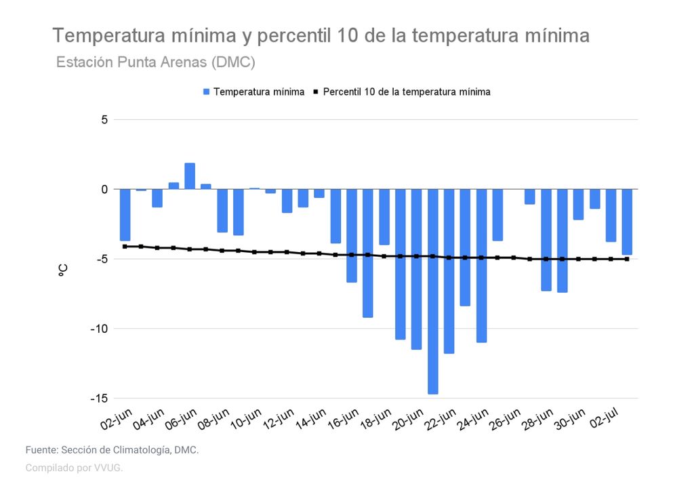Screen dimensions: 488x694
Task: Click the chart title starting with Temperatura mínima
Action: coord(321,36)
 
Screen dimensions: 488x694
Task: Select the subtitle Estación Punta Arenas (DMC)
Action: coord(155,62)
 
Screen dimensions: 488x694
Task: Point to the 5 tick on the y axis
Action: coord(104,120)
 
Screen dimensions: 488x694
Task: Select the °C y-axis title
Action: coord(63,270)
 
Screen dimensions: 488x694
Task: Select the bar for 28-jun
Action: coord(546,240)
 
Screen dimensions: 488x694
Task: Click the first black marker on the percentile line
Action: coord(125,247)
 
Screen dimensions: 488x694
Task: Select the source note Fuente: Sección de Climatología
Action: coord(112,450)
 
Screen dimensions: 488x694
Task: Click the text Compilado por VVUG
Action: coord(74,468)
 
